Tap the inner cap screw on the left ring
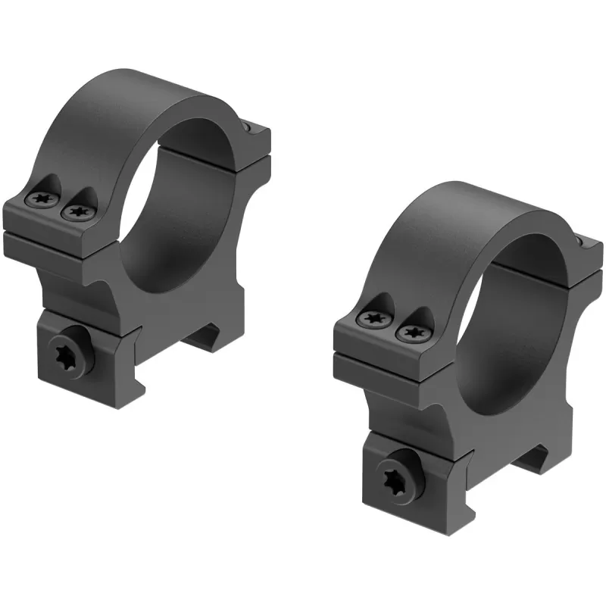coord(75,213)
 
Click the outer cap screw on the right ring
coord(371,319)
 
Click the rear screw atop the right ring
coord(581,241)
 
